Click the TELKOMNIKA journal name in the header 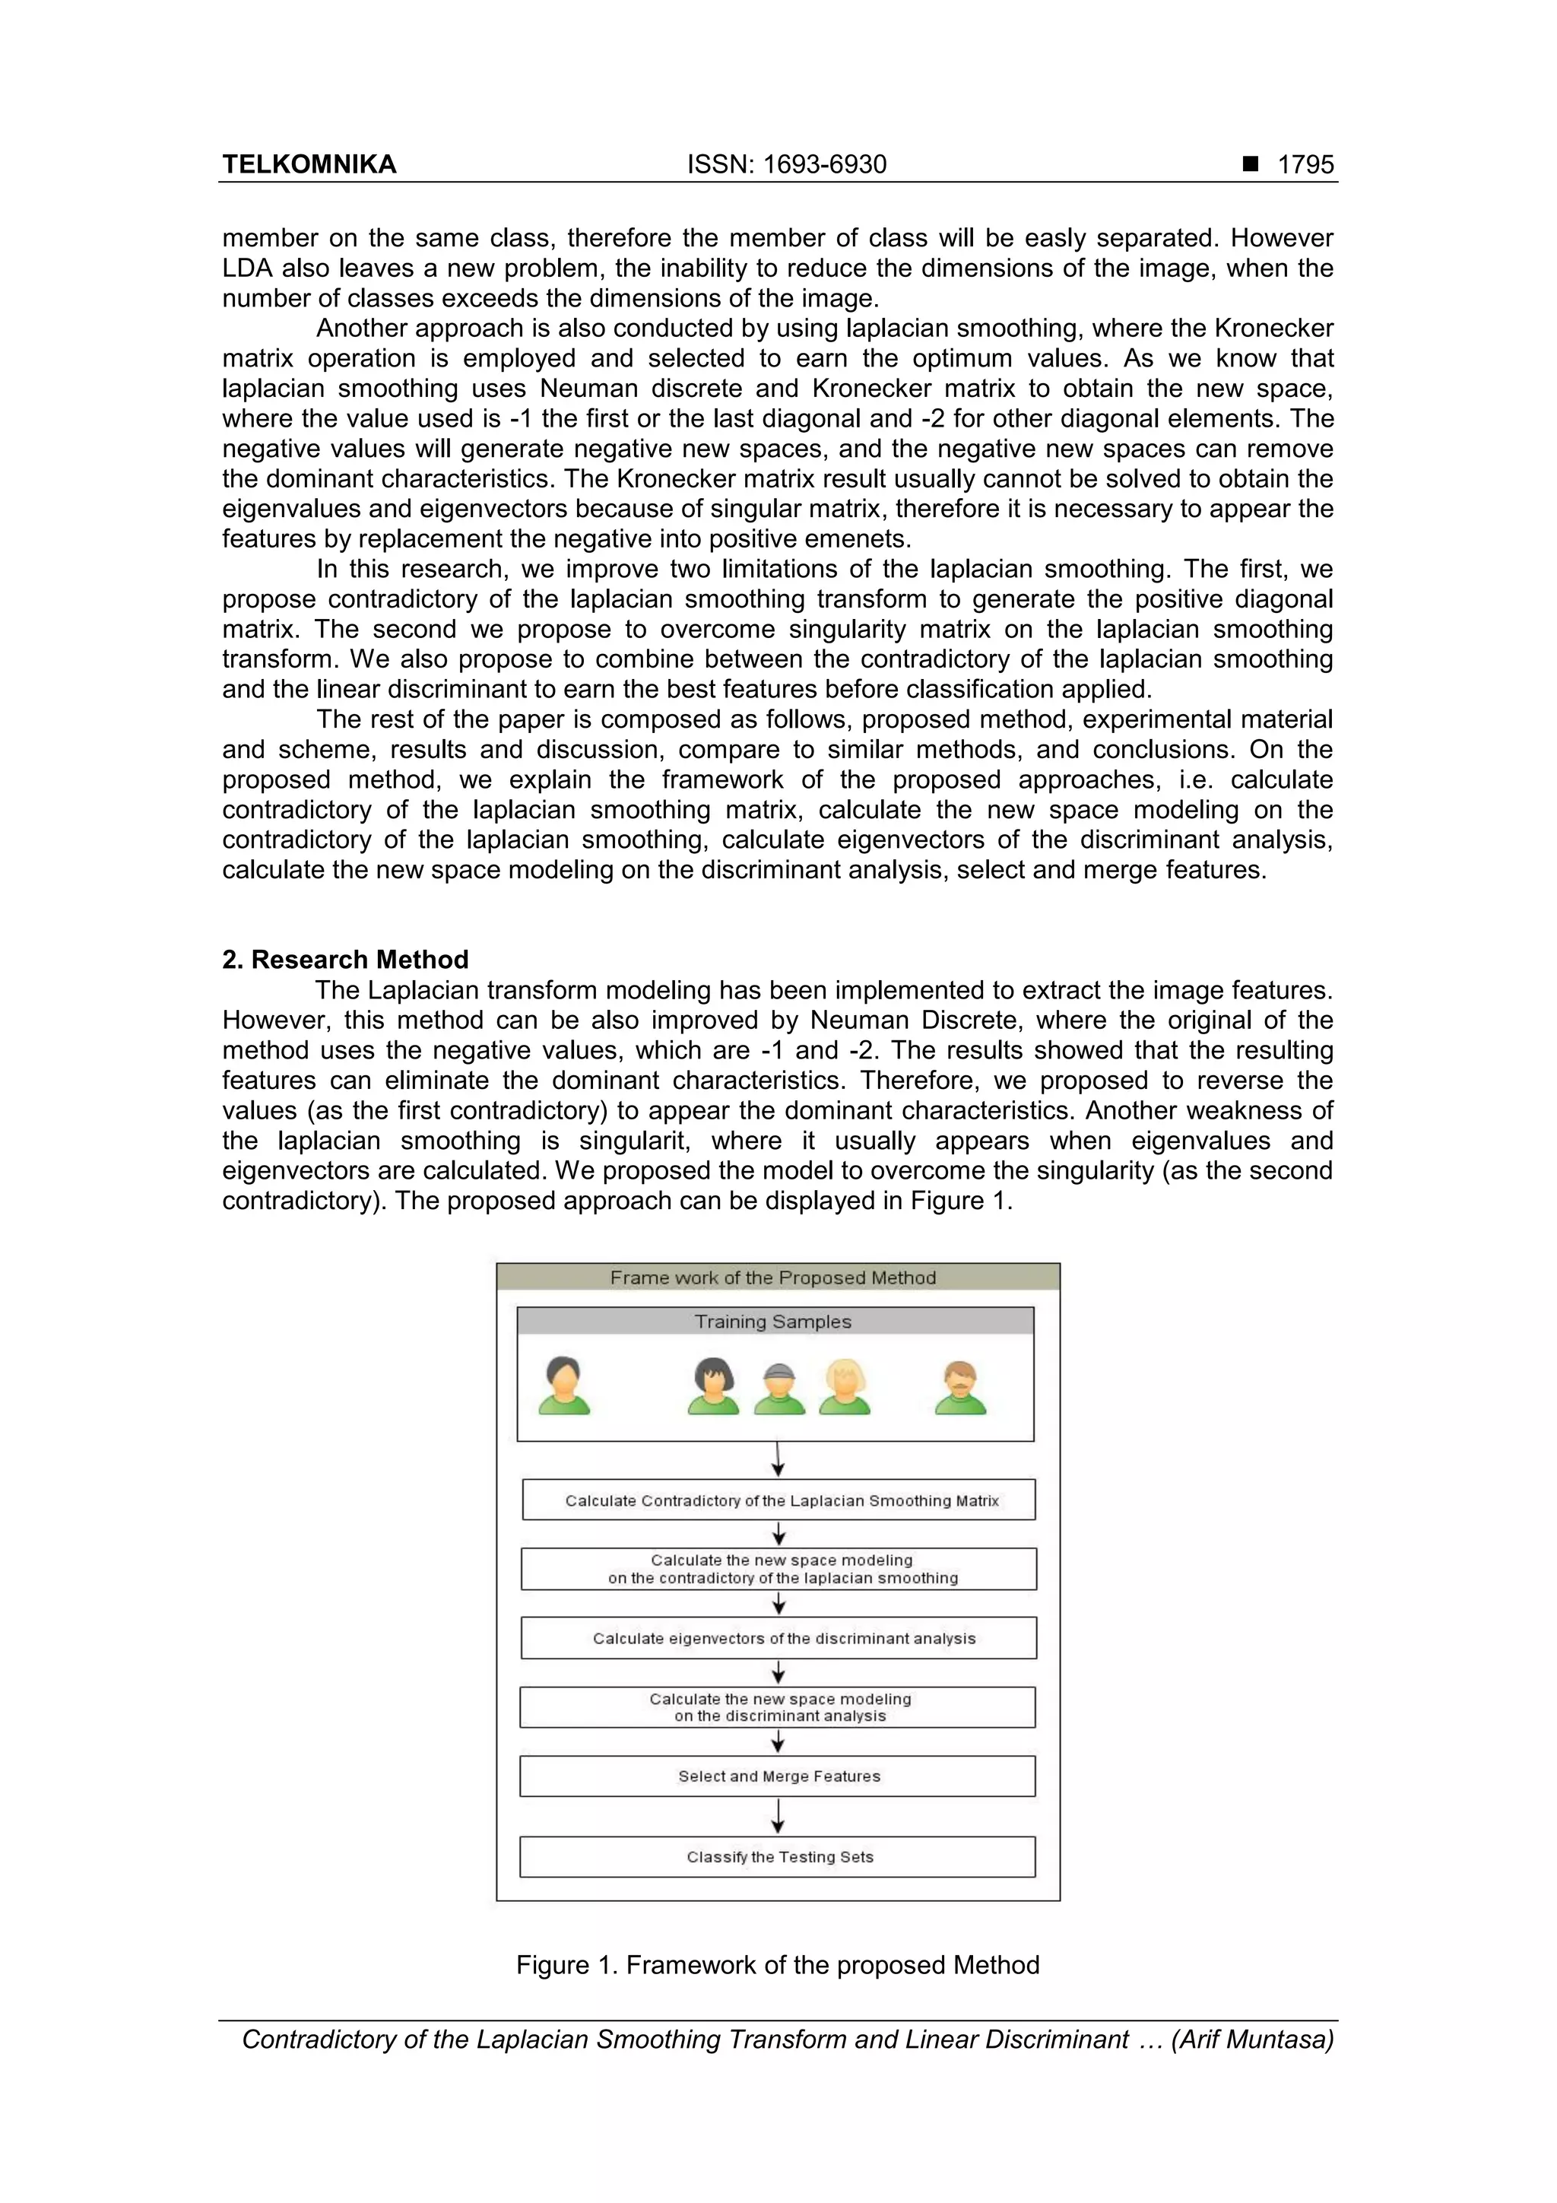[x=309, y=165]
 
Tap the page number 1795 [x=1305, y=165]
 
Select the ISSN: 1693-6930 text [x=787, y=165]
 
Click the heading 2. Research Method [x=345, y=960]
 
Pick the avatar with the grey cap [x=779, y=1389]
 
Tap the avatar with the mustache [x=960, y=1388]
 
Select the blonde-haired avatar [x=844, y=1388]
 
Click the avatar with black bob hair [x=713, y=1388]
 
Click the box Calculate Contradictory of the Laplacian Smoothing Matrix [x=779, y=1500]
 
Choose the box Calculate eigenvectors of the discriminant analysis [x=779, y=1639]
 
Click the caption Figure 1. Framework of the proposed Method [x=777, y=1965]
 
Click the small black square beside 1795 [x=1250, y=164]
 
